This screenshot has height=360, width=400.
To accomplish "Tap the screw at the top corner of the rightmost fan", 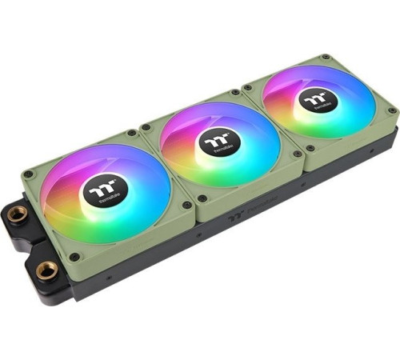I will [326, 58].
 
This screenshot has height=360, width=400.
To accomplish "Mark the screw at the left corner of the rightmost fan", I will [248, 87].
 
